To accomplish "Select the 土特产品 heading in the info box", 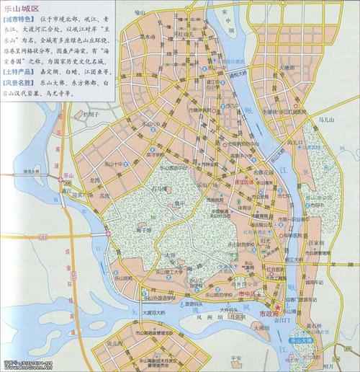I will click(20, 74).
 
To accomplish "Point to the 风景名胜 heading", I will click(20, 84).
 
